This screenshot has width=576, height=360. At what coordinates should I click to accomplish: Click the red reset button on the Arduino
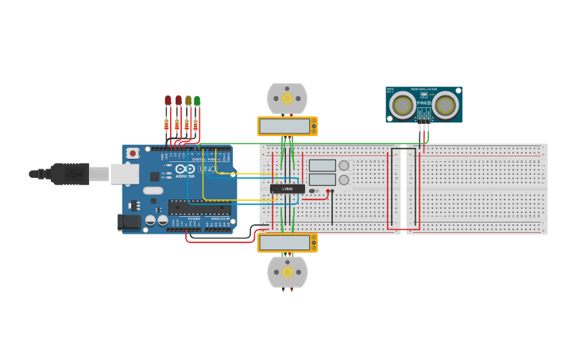coord(133,153)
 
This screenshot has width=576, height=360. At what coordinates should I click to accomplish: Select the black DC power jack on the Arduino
coord(128,223)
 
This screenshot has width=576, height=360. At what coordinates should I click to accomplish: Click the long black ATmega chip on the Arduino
coord(199,208)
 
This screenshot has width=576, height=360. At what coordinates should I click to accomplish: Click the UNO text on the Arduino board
coord(207,169)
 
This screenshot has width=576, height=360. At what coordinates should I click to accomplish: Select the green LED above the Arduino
coord(197,101)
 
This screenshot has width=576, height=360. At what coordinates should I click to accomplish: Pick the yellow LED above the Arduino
coord(187,101)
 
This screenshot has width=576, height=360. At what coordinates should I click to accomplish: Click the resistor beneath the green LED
coord(195,125)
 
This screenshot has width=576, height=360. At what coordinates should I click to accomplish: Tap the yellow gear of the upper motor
coord(287,98)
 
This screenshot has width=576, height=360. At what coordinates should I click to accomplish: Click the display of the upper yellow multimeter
coord(284,126)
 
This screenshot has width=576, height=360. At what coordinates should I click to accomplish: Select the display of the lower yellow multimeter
coord(284,242)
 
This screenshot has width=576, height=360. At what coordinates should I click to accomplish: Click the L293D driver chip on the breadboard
coord(287,188)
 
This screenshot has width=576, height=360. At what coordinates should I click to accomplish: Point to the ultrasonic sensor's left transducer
coord(404,105)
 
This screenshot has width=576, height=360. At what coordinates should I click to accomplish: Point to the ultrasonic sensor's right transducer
coord(445,105)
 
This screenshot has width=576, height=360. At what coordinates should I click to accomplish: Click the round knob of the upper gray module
coord(344,165)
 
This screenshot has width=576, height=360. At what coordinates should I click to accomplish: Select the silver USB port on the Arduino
coord(124,173)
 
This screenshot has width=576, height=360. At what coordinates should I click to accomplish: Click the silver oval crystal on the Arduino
coord(153,191)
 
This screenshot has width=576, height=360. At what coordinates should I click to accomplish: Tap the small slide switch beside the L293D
coord(314,191)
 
